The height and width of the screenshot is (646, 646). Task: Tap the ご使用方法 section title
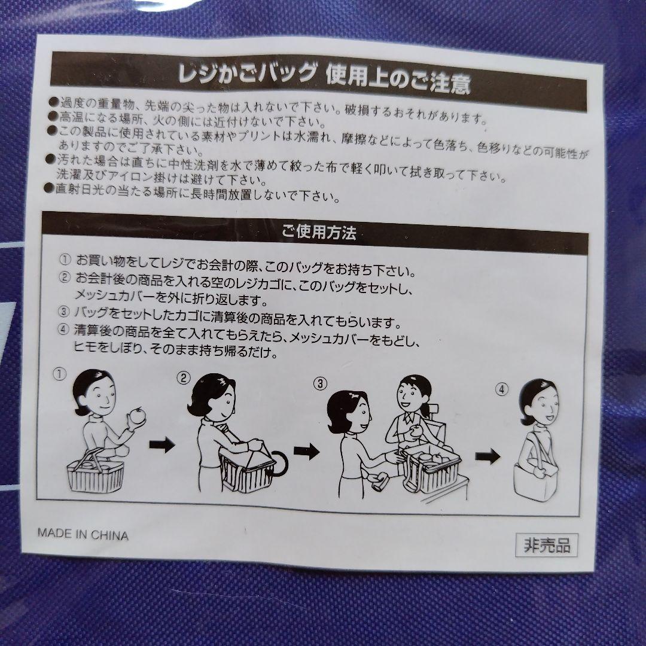[x=319, y=232]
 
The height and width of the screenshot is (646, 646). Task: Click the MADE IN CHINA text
[x=83, y=534]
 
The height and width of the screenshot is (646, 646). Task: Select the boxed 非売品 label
[x=546, y=546]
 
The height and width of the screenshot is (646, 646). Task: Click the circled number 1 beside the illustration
[x=60, y=374]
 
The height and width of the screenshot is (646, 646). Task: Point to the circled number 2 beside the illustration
[x=184, y=378]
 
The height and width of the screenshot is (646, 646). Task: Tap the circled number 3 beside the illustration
[x=320, y=384]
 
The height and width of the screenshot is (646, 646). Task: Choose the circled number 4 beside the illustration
[x=501, y=389]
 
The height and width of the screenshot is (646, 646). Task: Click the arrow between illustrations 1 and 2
[x=162, y=444]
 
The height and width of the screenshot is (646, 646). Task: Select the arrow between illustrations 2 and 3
[x=306, y=451]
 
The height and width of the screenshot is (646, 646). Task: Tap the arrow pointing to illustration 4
[x=488, y=456]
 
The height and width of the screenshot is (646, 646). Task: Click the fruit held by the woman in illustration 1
[x=137, y=416]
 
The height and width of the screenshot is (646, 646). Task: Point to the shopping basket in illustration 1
[x=96, y=472]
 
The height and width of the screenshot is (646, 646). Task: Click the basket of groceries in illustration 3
[x=432, y=468]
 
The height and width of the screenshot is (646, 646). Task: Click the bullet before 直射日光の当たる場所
[x=50, y=188]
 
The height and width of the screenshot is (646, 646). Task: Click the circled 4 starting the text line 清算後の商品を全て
[x=63, y=330]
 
